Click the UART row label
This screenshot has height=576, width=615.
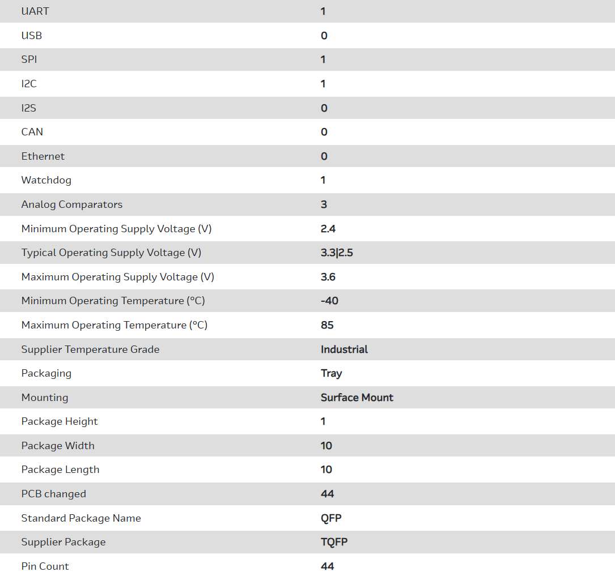[35, 11]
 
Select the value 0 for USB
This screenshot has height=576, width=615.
[324, 36]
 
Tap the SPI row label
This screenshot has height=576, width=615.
[29, 59]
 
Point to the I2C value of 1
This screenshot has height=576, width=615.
[323, 84]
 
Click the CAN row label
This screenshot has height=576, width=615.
[32, 132]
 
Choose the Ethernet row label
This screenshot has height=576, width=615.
[43, 156]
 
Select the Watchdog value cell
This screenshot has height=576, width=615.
[323, 180]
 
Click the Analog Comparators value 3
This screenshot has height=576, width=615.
[324, 204]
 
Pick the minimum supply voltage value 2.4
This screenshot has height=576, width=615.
[328, 229]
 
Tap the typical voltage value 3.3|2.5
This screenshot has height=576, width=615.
[337, 253]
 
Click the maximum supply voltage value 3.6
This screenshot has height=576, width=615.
[328, 277]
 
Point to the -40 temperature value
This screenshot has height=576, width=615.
[329, 301]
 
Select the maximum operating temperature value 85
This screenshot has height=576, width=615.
[327, 325]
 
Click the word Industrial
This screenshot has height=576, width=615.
[344, 349]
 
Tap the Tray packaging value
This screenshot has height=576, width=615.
[332, 373]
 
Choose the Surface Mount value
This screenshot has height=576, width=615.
[357, 398]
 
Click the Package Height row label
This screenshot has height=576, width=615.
[60, 421]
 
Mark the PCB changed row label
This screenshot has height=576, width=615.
[54, 494]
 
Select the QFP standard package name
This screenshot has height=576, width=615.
[331, 518]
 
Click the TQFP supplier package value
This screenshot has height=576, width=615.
[334, 542]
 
